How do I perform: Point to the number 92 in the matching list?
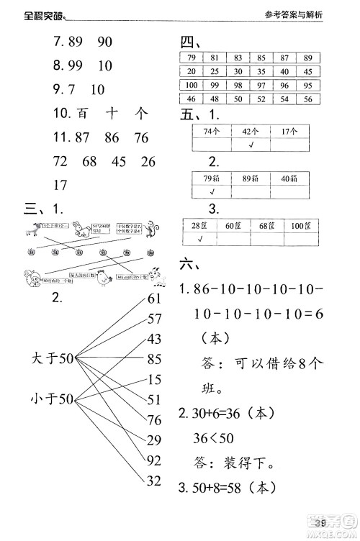(x=155, y=460)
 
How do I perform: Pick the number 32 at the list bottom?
(x=155, y=481)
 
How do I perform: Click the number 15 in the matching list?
(x=155, y=379)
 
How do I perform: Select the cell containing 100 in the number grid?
(x=192, y=84)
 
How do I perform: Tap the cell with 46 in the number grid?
(x=192, y=98)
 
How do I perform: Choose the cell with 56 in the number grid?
(x=307, y=98)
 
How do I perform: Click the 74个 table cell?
(x=211, y=132)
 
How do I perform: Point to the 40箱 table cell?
(x=289, y=179)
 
